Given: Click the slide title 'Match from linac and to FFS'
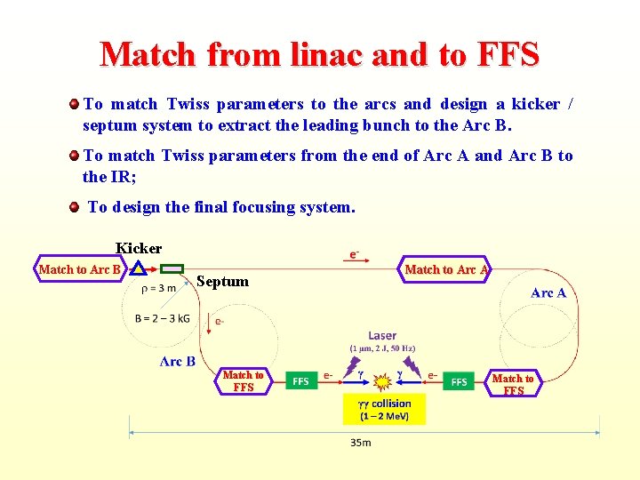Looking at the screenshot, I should [320, 54].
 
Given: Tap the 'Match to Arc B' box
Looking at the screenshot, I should [80, 269].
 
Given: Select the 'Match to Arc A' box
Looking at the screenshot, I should [446, 269].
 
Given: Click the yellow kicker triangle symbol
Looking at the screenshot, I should [138, 268].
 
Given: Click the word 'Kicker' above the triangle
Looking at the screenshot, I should [139, 248].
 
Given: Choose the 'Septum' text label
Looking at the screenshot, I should [222, 282].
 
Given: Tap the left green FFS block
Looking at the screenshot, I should [300, 381].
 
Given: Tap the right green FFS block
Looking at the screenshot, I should [459, 381].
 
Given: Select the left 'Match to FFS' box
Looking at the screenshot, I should [244, 380].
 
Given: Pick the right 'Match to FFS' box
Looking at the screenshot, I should [513, 384].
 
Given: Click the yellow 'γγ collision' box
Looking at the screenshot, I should [384, 410].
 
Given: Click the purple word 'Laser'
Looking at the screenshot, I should [382, 335].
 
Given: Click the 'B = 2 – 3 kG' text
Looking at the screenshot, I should [163, 318].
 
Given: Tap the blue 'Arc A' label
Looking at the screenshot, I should [548, 292].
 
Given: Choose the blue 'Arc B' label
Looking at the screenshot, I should [178, 361].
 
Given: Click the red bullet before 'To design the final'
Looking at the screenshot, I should [75, 207].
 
